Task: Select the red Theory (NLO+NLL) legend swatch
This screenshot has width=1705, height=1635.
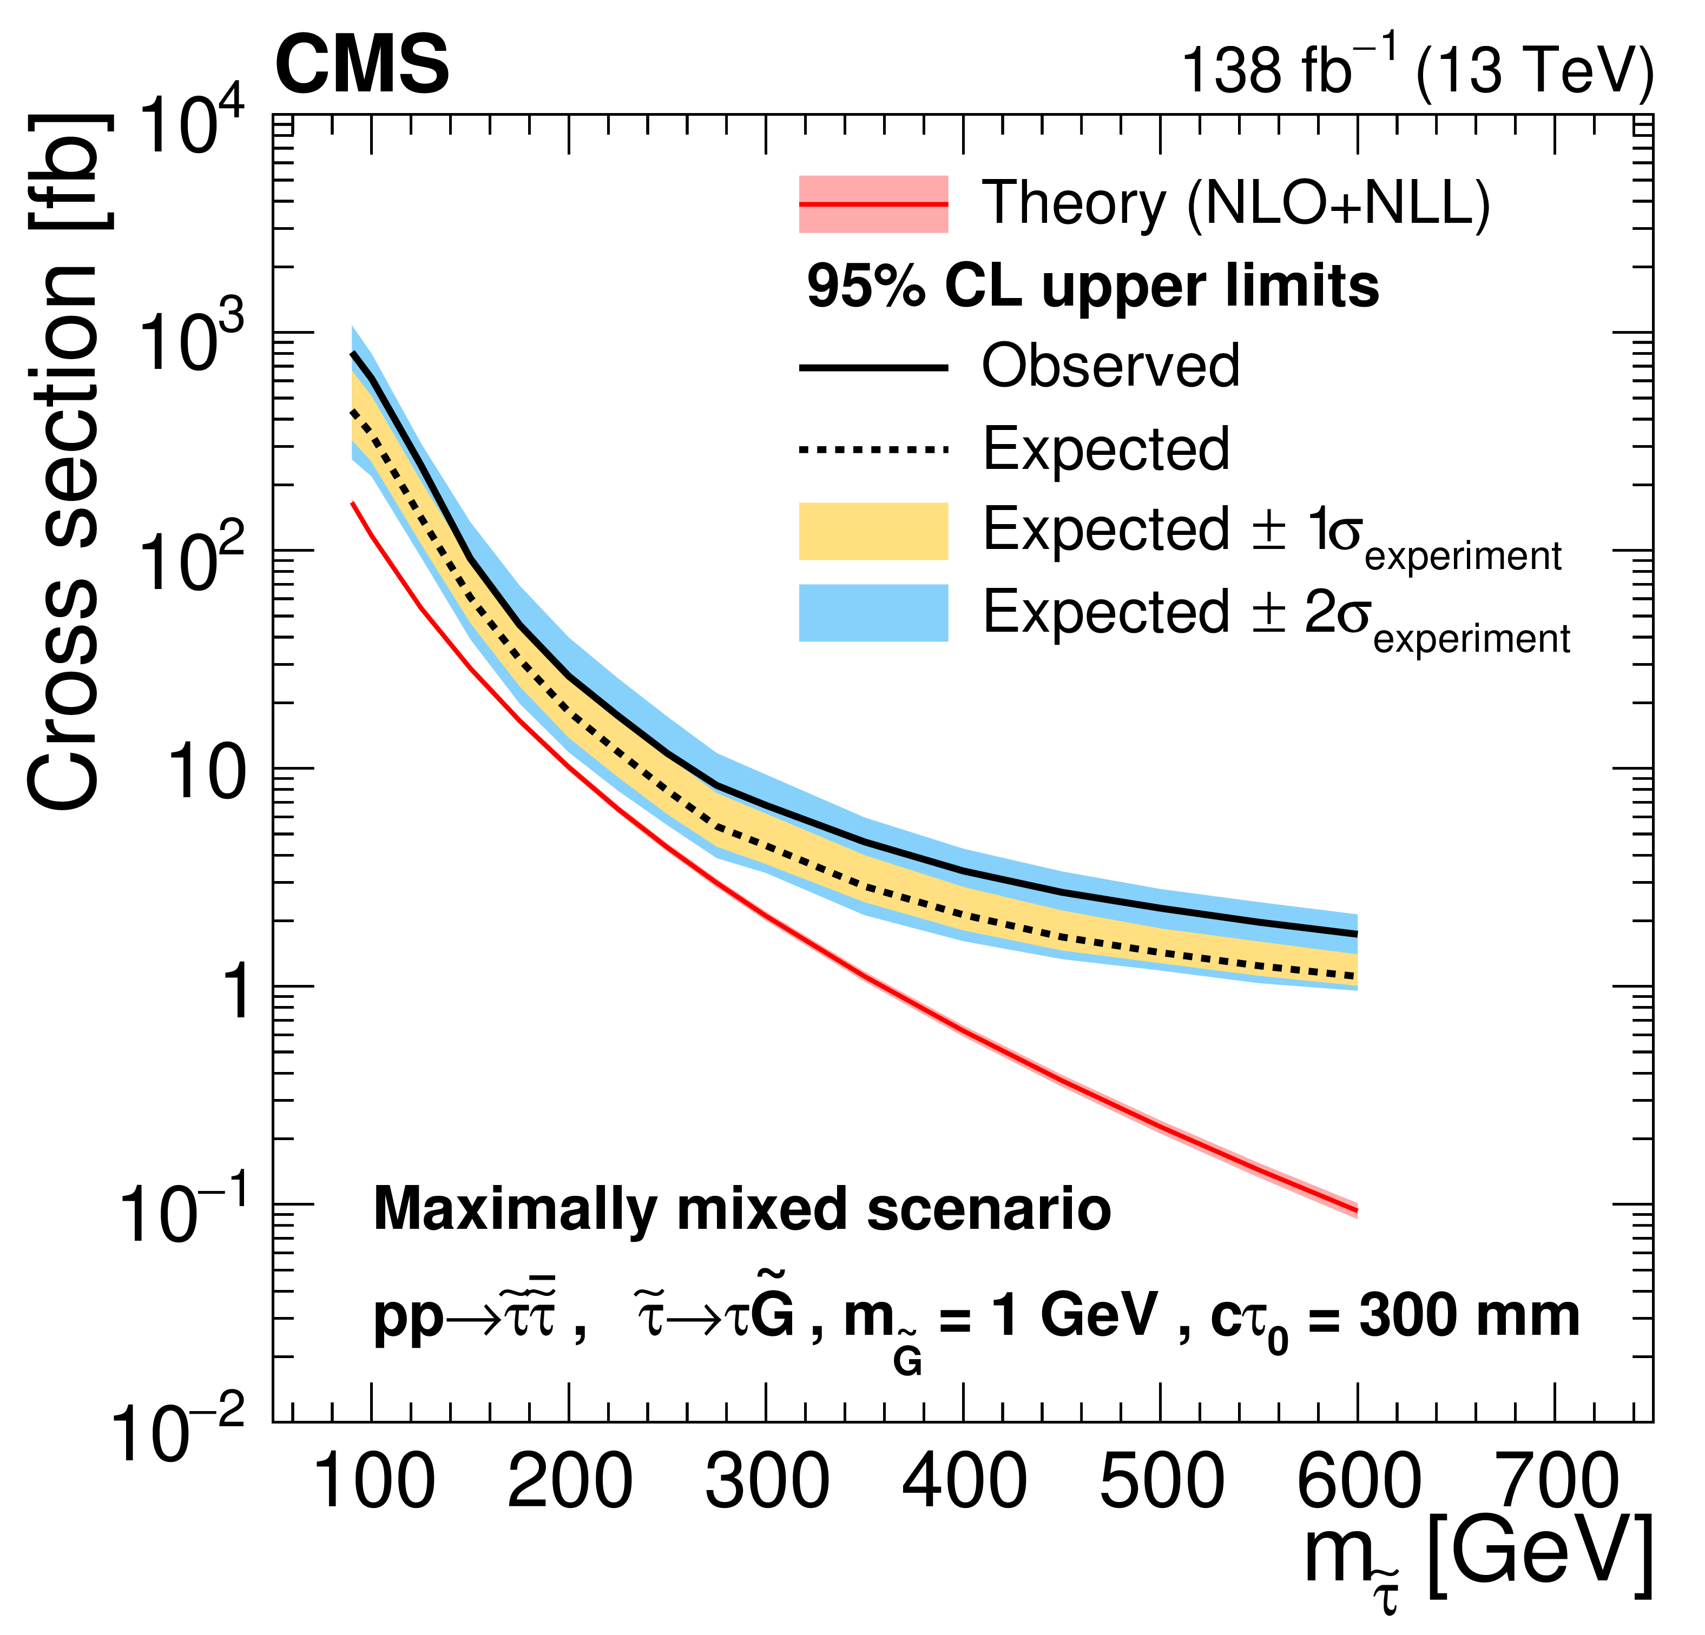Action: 872,204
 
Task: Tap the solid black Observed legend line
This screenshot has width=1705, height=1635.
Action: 872,368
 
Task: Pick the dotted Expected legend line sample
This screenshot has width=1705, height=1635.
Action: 872,449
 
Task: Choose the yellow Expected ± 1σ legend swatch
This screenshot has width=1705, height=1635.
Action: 872,531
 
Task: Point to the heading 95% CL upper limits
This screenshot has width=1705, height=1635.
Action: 1092,287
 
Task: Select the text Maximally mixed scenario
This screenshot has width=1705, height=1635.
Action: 741,1210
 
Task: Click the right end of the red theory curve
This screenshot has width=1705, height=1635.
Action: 1355,1210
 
